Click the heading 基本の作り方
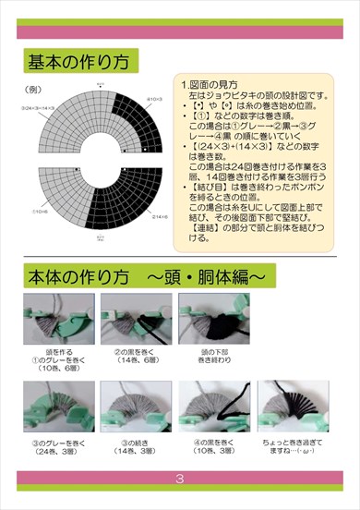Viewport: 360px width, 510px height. tap(79, 62)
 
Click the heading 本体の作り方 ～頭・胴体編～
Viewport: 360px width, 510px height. tap(145, 276)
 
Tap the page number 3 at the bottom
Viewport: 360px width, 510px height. tap(180, 479)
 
